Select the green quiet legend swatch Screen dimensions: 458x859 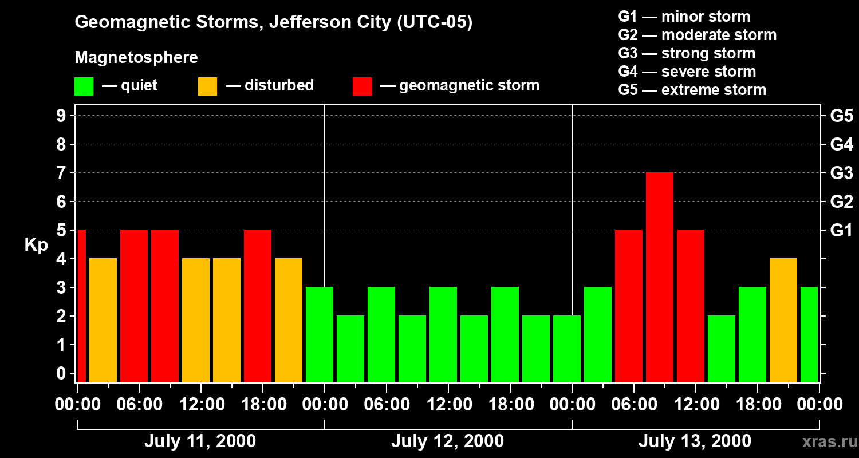(x=84, y=86)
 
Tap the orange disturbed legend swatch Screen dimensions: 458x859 (x=207, y=86)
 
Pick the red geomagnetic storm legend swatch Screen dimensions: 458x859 (x=362, y=86)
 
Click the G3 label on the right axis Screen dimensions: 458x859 (x=841, y=173)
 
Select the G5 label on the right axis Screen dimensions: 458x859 (x=841, y=116)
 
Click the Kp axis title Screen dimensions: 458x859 (x=36, y=245)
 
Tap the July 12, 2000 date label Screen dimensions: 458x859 (x=447, y=441)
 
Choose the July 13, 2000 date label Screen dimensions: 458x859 (x=695, y=441)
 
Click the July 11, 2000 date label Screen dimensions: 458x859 (x=200, y=441)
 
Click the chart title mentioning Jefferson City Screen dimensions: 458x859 (x=274, y=23)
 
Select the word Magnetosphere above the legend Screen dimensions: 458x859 (x=136, y=58)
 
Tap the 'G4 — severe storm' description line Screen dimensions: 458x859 (x=687, y=72)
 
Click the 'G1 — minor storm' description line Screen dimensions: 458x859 (x=684, y=17)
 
